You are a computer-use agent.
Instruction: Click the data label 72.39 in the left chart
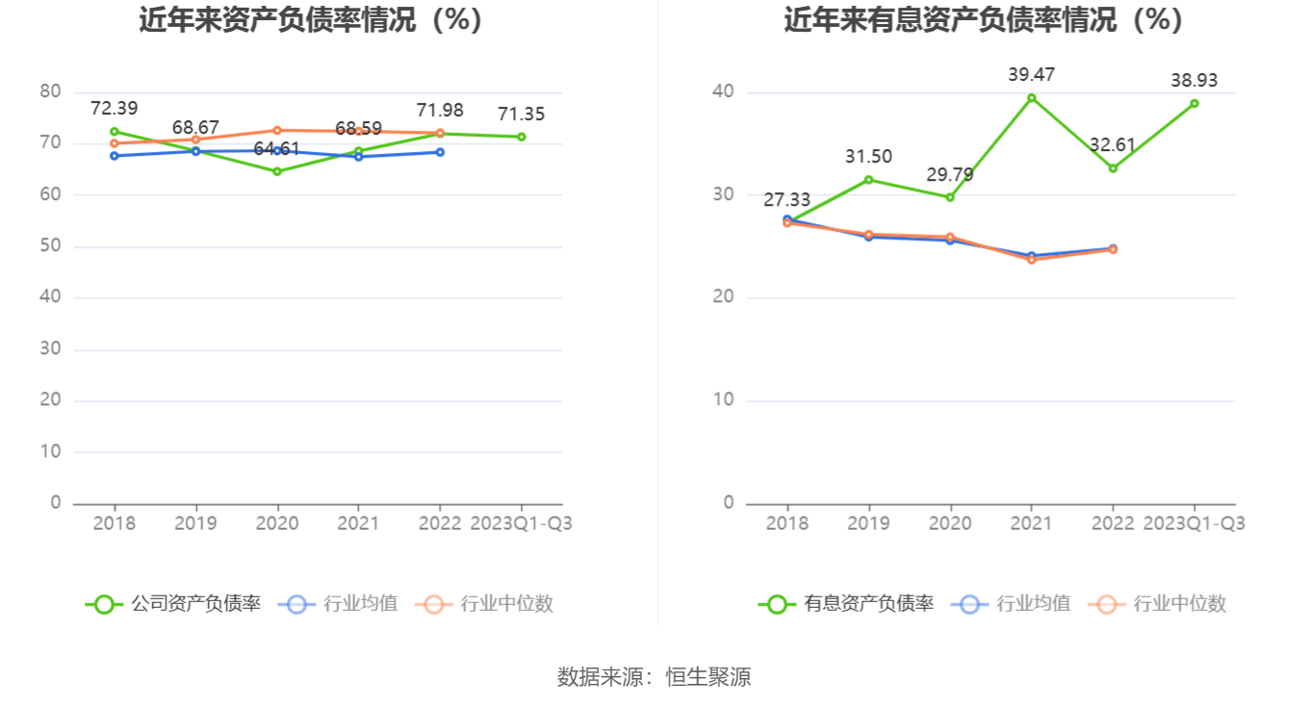pos(115,109)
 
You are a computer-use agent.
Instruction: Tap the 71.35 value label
pos(522,114)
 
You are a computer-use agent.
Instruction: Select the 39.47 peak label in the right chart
pos(1031,75)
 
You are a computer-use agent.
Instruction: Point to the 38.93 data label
pos(1194,81)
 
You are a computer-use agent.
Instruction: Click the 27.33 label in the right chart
pos(787,200)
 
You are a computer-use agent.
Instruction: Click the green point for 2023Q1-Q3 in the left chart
pos(522,137)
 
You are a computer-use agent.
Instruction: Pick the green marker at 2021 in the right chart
pos(1032,97)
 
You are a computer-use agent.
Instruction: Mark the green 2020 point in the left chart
pos(277,171)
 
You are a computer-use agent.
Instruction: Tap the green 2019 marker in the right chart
pos(869,180)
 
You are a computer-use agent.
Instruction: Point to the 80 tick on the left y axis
pos(50,92)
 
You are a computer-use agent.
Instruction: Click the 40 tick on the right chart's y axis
pos(723,92)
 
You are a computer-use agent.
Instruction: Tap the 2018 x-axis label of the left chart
pos(115,524)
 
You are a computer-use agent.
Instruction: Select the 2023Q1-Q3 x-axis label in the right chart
pos(1194,524)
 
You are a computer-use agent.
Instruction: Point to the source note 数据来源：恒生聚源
pos(654,677)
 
